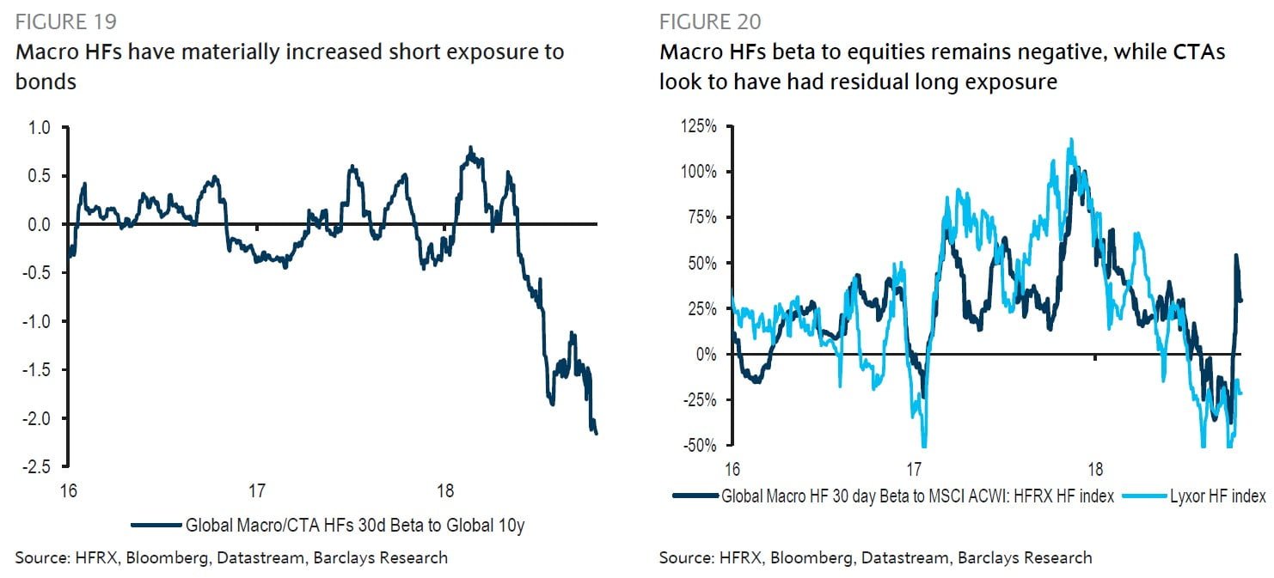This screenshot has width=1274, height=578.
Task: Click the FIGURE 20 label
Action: click(710, 21)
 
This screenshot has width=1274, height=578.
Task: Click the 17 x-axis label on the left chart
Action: click(256, 491)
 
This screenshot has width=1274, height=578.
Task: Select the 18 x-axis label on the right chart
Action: click(1095, 470)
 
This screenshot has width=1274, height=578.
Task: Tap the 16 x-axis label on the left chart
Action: click(69, 491)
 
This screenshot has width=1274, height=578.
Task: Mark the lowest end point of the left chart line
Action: click(597, 434)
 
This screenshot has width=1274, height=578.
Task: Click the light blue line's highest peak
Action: click(1071, 139)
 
